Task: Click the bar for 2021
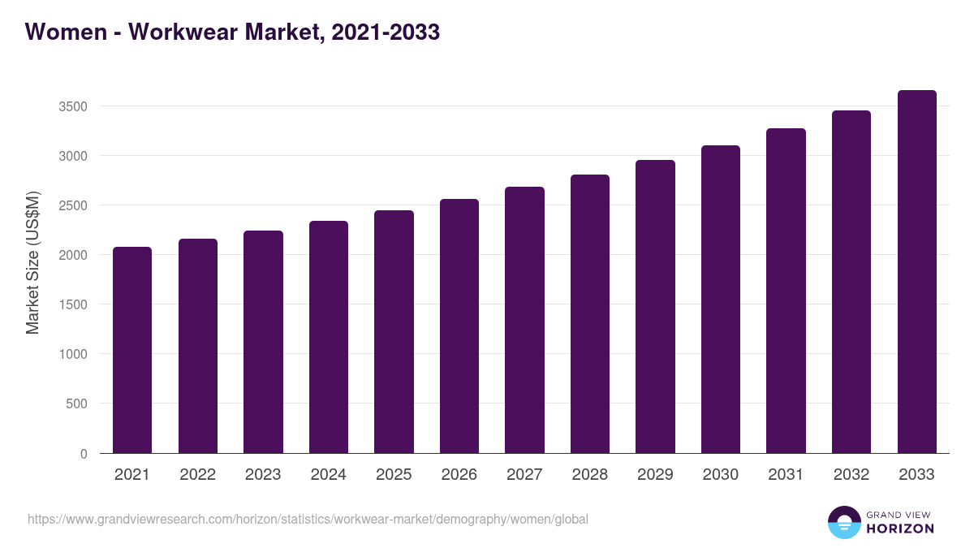coord(132,350)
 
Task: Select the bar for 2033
coord(916,272)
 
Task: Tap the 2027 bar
coord(524,320)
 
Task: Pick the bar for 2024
coord(328,337)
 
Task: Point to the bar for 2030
coord(721,300)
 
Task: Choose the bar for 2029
coord(655,307)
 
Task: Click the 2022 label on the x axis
coord(197,475)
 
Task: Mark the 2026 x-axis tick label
coord(459,475)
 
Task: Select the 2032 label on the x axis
coord(851,475)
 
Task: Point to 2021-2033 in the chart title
coord(386,32)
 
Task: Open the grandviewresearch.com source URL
coord(308,519)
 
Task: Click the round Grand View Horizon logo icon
coord(843,522)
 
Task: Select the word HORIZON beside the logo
coord(900,529)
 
